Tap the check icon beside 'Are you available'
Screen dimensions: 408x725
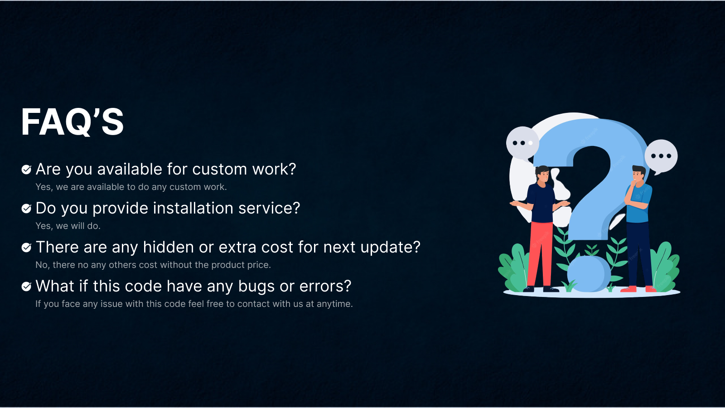[x=26, y=170]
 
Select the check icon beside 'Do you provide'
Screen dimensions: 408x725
[x=26, y=209]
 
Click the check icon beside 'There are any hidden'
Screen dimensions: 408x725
[x=26, y=248]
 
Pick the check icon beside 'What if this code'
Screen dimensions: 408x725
[x=26, y=287]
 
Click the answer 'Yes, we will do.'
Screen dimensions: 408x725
[x=68, y=226]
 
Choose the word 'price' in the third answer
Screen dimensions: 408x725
[x=258, y=265]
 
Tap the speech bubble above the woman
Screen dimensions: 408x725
[x=522, y=143]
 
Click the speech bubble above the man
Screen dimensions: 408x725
[x=661, y=156]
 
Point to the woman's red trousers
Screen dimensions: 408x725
[x=541, y=254]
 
